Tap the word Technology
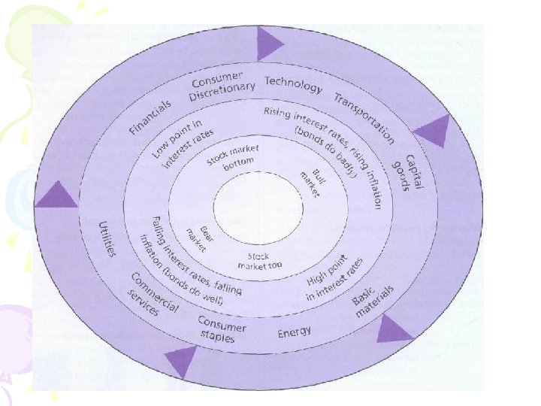pyautogui.click(x=293, y=85)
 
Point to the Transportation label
pyautogui.click(x=364, y=118)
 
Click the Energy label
pyautogui.click(x=295, y=332)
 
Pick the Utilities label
pyautogui.click(x=108, y=238)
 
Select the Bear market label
pyautogui.click(x=199, y=238)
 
